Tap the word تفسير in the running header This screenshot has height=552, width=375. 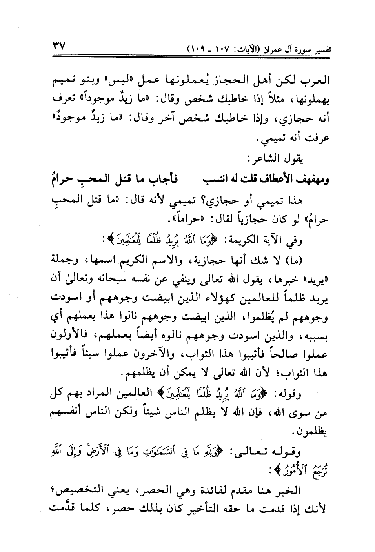click(x=319, y=50)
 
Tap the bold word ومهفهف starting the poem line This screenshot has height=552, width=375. click(x=311, y=180)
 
